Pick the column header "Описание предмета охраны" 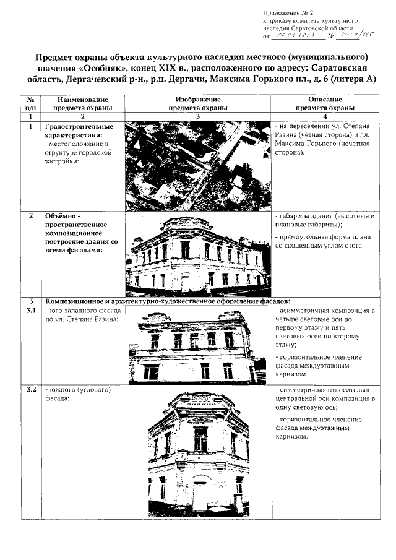(325, 103)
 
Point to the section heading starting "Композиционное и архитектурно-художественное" (167, 301)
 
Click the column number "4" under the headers (325, 116)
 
